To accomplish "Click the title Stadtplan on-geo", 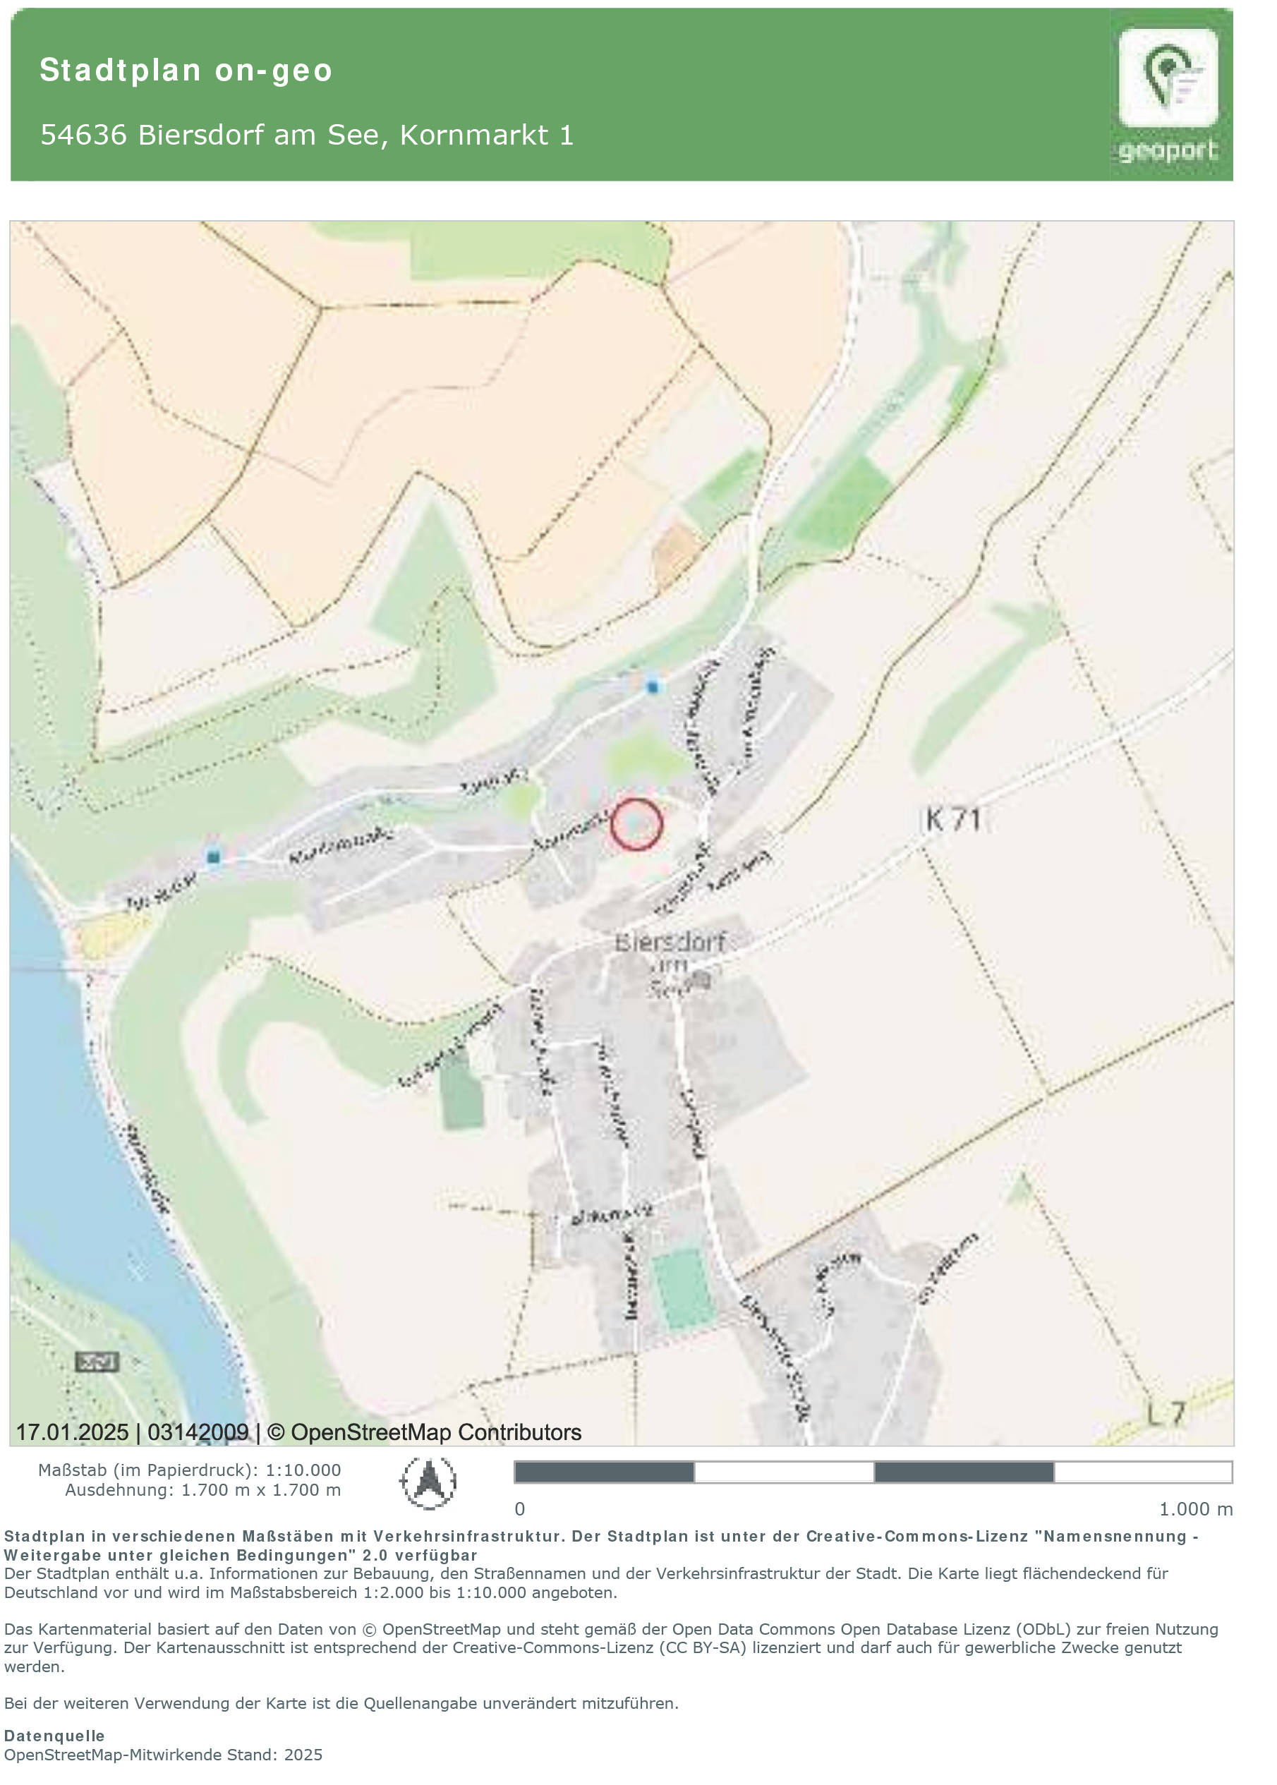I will pyautogui.click(x=186, y=70).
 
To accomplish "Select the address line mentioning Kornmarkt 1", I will pyautogui.click(x=307, y=135).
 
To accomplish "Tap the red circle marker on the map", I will pyautogui.click(x=636, y=824).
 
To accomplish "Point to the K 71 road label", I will pyautogui.click(x=953, y=819).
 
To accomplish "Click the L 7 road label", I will pyautogui.click(x=1166, y=1414).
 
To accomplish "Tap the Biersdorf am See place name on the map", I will pyautogui.click(x=670, y=962).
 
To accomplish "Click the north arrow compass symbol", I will pyautogui.click(x=428, y=1482).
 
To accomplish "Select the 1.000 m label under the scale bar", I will pyautogui.click(x=1195, y=1509).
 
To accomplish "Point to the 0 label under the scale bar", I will pyautogui.click(x=520, y=1509).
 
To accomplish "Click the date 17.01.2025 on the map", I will pyautogui.click(x=73, y=1433).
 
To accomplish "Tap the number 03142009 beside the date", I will pyautogui.click(x=198, y=1433).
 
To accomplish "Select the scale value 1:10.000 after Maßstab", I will pyautogui.click(x=303, y=1470).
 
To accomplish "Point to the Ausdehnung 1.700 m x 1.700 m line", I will pyautogui.click(x=203, y=1489).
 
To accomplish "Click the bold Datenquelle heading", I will pyautogui.click(x=54, y=1736).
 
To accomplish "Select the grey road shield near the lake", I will pyautogui.click(x=97, y=1361).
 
